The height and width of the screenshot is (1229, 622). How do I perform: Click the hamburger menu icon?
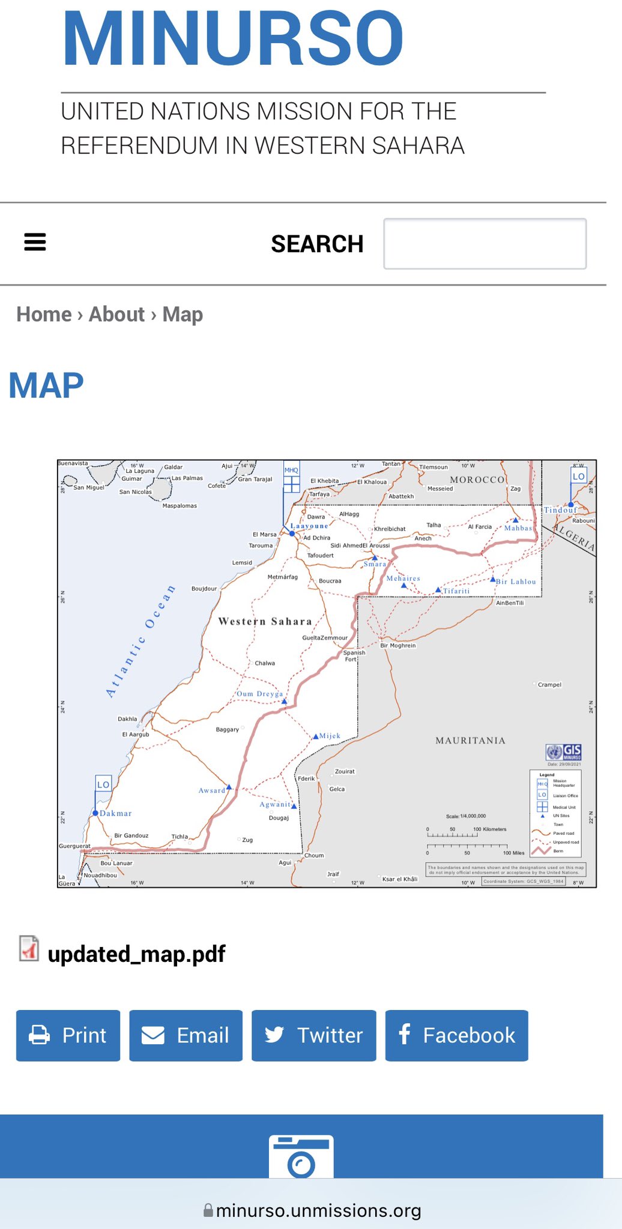[x=35, y=242]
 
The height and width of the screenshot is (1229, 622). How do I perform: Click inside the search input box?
[x=485, y=244]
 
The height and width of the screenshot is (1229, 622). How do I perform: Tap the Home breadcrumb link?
[x=44, y=314]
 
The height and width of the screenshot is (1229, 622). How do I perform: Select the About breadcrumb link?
[x=116, y=314]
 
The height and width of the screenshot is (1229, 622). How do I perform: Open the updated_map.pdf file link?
[x=136, y=954]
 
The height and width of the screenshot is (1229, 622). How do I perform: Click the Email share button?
[x=186, y=1035]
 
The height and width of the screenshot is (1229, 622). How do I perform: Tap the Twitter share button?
[x=313, y=1035]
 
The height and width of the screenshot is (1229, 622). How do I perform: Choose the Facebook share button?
[x=456, y=1035]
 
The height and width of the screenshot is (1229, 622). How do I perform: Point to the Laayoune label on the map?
[x=309, y=526]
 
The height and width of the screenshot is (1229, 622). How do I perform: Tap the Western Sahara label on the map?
[x=265, y=621]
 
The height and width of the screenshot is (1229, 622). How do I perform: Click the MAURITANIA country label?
[x=470, y=741]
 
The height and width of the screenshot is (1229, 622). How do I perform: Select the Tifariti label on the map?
[x=456, y=591]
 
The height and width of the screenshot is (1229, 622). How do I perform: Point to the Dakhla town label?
[x=127, y=718]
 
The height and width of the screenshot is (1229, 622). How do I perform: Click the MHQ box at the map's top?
[x=291, y=470]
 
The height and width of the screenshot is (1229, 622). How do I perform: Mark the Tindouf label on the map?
[x=560, y=510]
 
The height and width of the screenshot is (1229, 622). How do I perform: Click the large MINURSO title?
[x=233, y=39]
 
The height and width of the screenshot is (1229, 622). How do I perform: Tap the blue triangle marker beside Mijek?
[x=316, y=736]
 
